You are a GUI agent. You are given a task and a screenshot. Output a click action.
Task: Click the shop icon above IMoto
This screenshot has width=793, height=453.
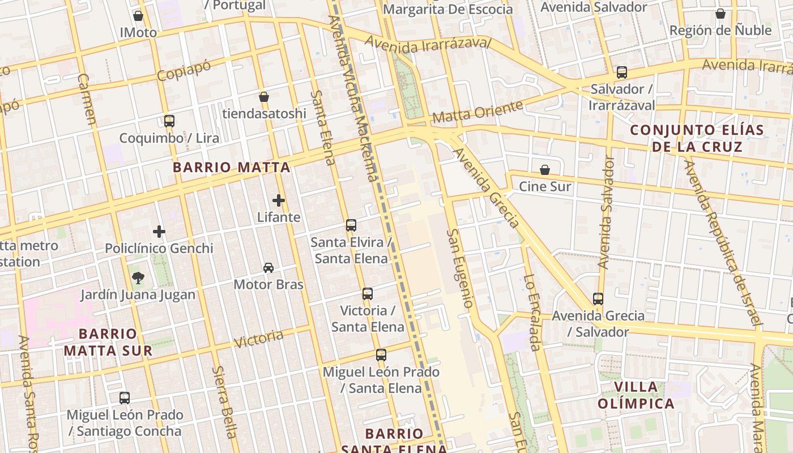coord(138,16)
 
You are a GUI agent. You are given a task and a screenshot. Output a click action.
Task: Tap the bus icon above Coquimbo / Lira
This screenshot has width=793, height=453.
coord(169,121)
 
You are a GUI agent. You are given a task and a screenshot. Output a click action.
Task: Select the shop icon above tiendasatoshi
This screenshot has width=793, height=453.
coord(264,97)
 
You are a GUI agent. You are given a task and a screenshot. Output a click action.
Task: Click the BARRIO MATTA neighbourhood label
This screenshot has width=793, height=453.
coord(232,167)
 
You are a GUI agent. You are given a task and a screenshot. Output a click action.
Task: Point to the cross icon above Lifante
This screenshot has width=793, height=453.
coord(278,200)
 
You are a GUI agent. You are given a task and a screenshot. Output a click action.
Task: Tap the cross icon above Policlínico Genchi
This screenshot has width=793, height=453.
coord(159,231)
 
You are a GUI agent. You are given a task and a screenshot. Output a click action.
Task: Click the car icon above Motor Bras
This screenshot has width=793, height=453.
coord(268,267)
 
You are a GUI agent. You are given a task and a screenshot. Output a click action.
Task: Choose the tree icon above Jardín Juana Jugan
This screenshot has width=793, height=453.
coord(138,277)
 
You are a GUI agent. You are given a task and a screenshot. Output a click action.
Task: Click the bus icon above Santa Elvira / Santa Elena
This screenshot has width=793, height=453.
coord(351,225)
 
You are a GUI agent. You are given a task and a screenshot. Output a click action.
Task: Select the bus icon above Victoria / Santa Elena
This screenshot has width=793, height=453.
coord(368,294)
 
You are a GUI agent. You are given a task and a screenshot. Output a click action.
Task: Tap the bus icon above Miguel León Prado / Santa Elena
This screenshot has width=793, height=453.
coord(381,355)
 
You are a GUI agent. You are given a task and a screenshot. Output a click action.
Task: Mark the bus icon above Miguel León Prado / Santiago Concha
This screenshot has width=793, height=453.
coord(125,398)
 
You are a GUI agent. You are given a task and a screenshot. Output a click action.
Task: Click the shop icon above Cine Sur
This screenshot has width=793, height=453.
coord(545,169)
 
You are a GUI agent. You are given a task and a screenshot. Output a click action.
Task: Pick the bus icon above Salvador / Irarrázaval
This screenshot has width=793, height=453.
coord(622,72)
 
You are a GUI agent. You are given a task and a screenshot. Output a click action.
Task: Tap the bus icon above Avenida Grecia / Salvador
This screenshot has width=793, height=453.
coord(598,298)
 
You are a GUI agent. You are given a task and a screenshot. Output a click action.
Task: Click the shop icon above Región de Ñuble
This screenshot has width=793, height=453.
coord(720,13)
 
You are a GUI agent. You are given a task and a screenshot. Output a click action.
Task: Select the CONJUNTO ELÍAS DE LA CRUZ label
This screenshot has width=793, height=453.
coord(697,138)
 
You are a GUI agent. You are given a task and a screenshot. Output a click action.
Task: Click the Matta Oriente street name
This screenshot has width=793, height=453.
coord(478,112)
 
